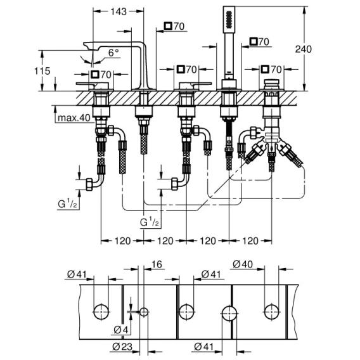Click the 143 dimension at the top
click(x=119, y=11)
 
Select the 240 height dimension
click(x=304, y=49)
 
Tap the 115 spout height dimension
click(x=42, y=71)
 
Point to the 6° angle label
click(x=113, y=53)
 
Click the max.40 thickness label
click(x=74, y=118)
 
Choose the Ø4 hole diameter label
click(x=121, y=330)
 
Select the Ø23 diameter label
click(x=122, y=347)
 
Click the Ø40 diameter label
click(x=243, y=264)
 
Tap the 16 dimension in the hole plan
click(x=157, y=264)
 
